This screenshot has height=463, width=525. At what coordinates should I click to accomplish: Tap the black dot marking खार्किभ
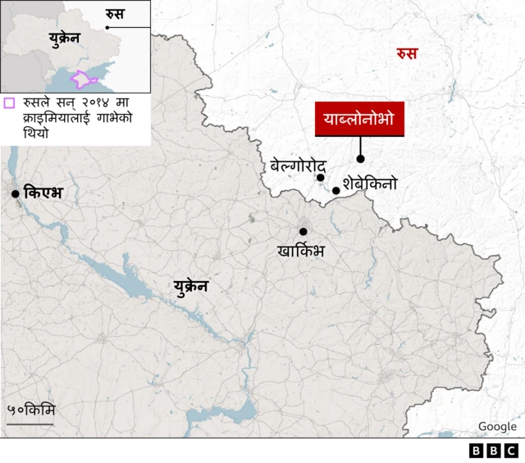click(303, 232)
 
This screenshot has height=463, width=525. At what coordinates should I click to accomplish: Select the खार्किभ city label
click(301, 250)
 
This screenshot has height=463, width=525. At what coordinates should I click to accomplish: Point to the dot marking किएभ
click(15, 193)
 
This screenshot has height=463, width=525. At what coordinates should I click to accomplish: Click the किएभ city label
click(43, 193)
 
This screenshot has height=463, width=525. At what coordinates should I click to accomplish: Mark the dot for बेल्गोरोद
click(321, 177)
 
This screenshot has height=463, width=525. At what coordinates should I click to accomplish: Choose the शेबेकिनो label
click(370, 184)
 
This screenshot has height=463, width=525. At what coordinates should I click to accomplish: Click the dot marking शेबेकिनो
click(336, 190)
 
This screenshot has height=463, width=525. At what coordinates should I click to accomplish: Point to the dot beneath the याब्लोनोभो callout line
click(360, 158)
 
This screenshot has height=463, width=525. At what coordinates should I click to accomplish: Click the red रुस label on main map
click(406, 54)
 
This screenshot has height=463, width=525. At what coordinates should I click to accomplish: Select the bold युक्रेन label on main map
click(190, 286)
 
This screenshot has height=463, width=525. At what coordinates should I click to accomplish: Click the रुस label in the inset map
click(115, 13)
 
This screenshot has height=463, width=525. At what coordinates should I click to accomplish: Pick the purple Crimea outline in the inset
click(84, 79)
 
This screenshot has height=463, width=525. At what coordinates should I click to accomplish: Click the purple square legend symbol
click(9, 103)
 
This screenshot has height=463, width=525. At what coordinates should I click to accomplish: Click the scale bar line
click(30, 424)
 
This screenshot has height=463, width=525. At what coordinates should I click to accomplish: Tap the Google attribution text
click(497, 426)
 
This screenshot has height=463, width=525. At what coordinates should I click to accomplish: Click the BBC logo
click(493, 451)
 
